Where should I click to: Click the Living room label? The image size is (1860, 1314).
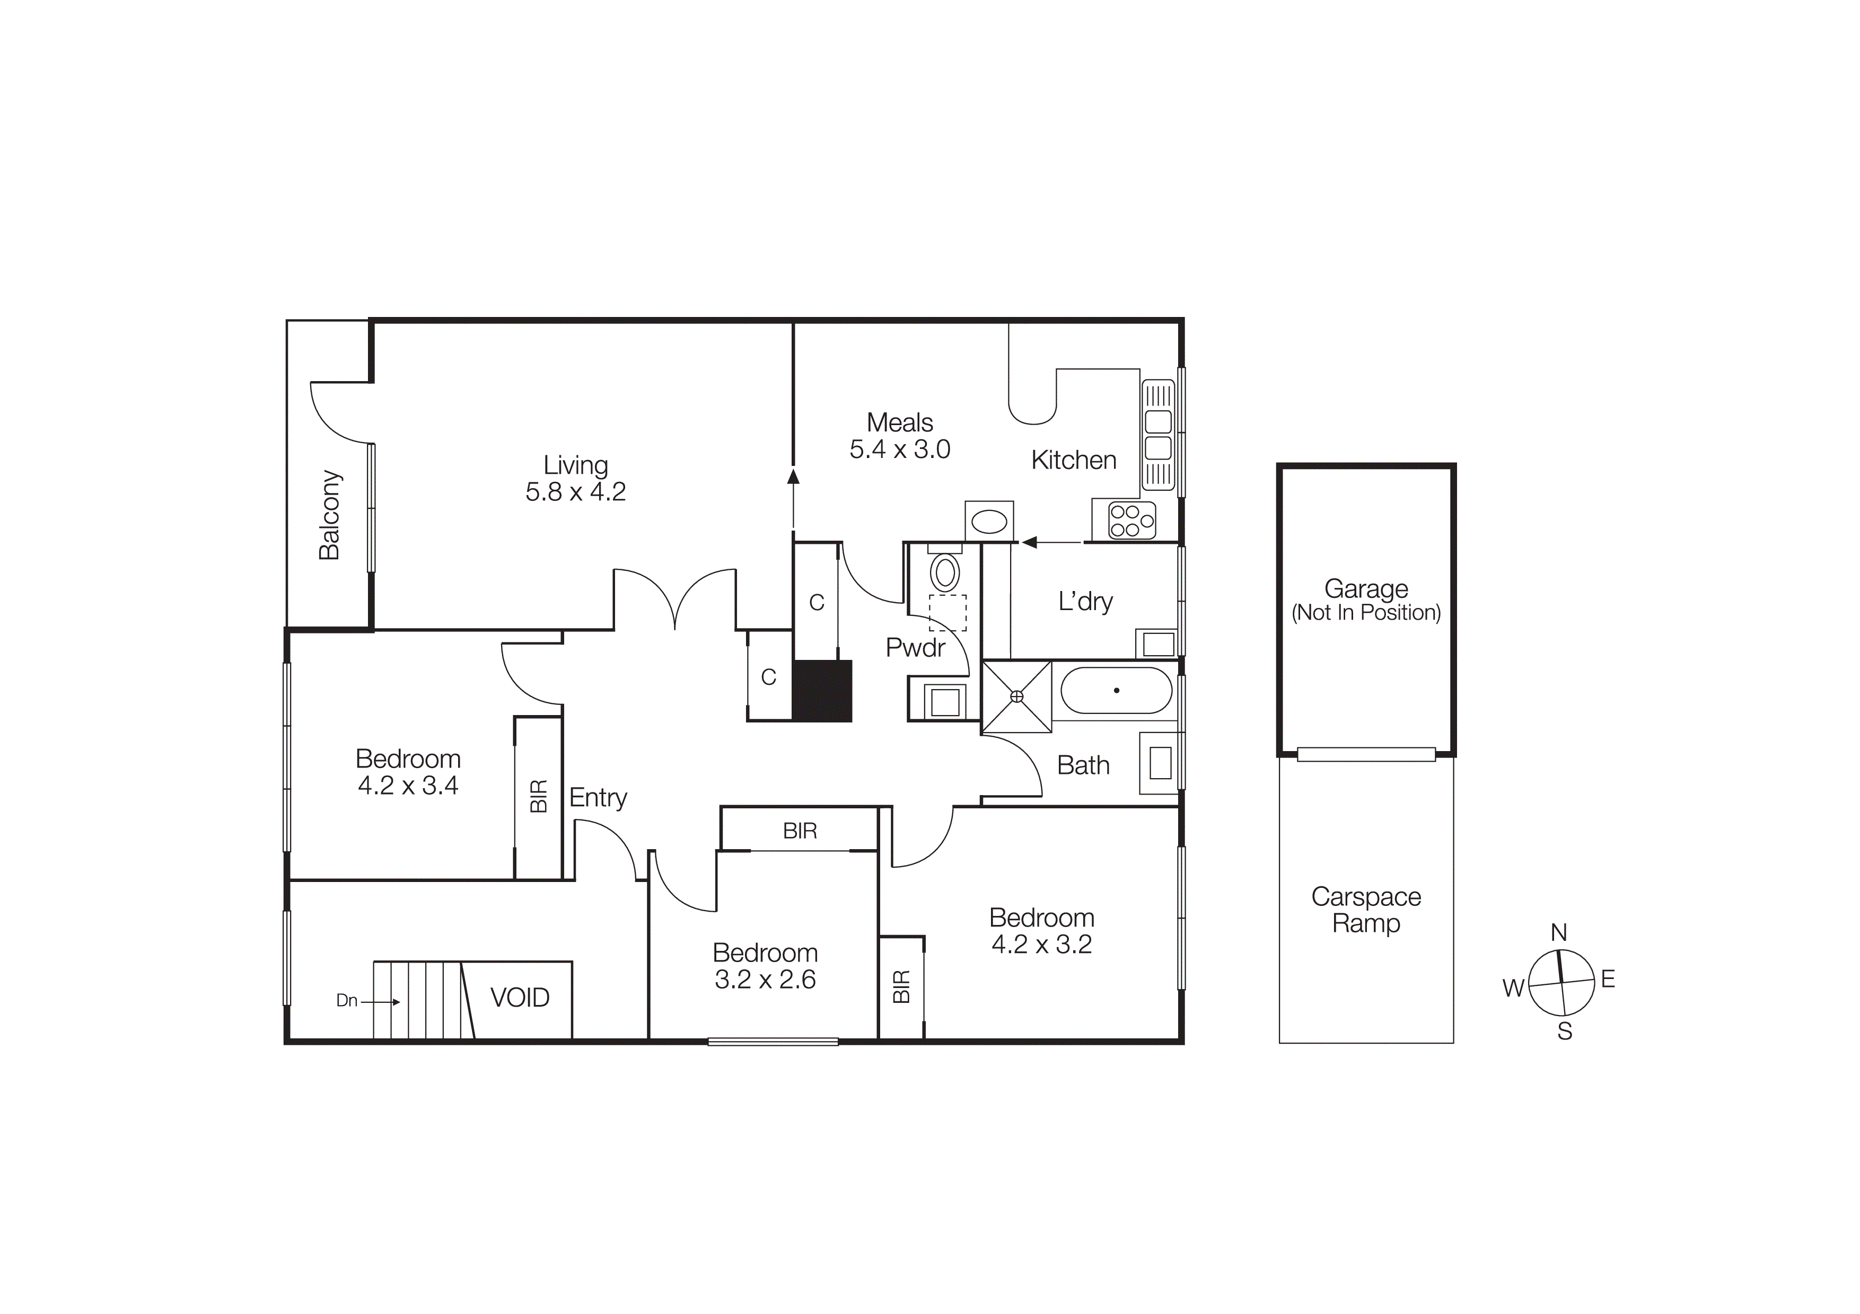[575, 465]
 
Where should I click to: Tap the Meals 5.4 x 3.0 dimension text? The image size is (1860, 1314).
[899, 449]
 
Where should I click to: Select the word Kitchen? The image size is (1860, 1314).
[1073, 460]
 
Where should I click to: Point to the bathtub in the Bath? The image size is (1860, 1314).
[1116, 691]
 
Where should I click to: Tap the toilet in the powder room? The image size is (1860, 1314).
[945, 571]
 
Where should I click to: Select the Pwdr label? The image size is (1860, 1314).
[915, 648]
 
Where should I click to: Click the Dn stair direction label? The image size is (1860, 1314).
[347, 1001]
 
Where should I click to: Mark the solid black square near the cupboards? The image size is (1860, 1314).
[822, 691]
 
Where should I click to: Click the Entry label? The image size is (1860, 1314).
[598, 798]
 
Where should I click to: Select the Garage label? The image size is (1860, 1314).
[1366, 588]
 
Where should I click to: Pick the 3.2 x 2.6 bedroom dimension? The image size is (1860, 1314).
[765, 980]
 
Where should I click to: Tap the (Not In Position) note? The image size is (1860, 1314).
[1366, 613]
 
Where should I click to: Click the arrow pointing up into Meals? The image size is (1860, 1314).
[793, 477]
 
